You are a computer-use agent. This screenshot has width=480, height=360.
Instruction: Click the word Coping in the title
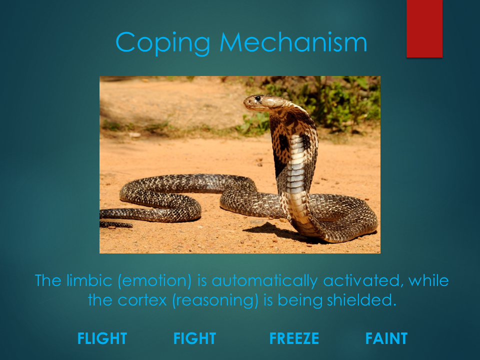click(163, 43)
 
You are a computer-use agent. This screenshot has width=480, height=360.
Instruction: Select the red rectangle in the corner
click(424, 28)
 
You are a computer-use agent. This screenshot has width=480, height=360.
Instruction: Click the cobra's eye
click(258, 98)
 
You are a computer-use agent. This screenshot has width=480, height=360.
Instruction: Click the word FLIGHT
click(102, 338)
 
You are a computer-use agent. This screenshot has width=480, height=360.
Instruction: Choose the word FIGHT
click(194, 338)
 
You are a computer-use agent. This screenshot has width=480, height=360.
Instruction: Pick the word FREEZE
click(294, 338)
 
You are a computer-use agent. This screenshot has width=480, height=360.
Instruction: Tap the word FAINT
click(386, 338)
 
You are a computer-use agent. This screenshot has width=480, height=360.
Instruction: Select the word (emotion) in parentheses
click(154, 281)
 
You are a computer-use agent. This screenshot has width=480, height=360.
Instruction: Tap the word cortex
click(142, 300)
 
